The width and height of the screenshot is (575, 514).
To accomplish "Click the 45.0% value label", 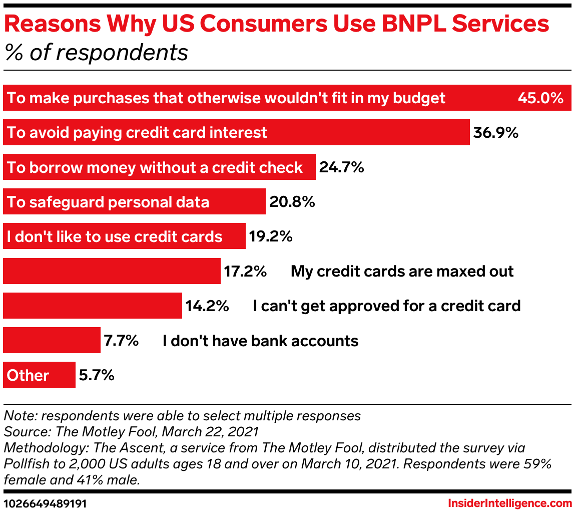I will click(x=540, y=98).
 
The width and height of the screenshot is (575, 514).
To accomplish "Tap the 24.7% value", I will click(x=341, y=167).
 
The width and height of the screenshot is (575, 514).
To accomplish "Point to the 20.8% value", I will click(x=292, y=202).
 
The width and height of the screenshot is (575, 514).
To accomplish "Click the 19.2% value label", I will click(x=271, y=236).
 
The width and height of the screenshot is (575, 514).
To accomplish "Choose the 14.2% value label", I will click(x=207, y=306).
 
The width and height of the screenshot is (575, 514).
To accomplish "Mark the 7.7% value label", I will click(x=121, y=341).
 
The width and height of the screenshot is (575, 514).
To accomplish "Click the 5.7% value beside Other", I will click(x=96, y=375).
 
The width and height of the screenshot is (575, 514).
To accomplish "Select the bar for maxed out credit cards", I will click(x=112, y=271).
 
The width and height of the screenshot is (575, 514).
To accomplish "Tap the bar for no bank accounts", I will click(x=52, y=341).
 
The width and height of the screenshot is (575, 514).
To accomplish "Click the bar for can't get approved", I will click(x=93, y=306).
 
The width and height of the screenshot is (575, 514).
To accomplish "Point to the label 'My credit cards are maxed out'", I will click(x=402, y=272).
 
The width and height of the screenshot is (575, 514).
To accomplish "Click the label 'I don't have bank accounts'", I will click(x=261, y=341).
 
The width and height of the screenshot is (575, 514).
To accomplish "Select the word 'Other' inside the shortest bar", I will click(x=28, y=376).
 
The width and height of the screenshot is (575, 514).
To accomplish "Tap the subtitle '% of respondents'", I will click(x=96, y=52).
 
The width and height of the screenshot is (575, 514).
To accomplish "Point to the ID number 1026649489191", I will click(x=44, y=503).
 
